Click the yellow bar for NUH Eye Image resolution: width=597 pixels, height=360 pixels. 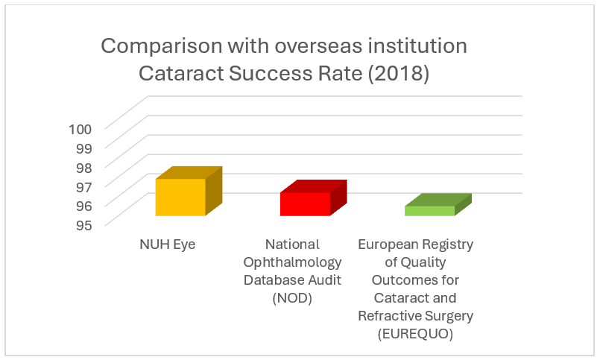[180, 198]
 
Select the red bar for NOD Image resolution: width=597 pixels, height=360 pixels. [305, 204]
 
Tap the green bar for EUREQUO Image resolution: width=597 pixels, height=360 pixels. [429, 211]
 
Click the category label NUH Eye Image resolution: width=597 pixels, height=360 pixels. [167, 244]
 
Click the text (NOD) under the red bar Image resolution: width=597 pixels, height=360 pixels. [293, 298]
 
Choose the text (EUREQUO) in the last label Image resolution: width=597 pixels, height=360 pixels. [416, 334]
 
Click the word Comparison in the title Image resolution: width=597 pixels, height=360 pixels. [157, 46]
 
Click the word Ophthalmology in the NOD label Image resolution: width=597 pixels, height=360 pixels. [293, 262]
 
